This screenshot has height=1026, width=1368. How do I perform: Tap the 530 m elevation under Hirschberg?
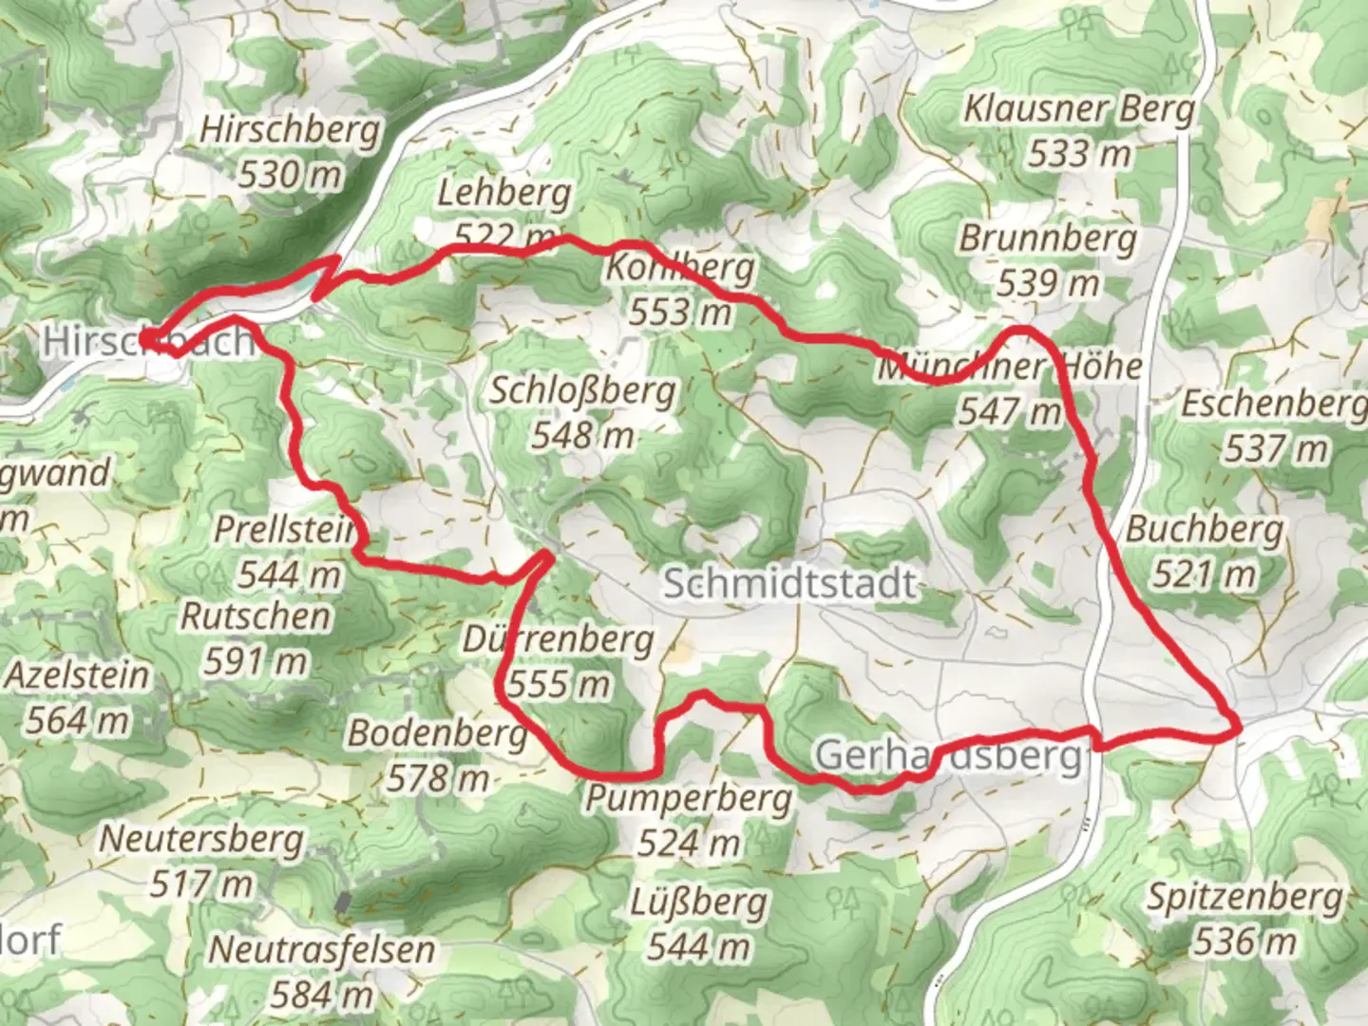click(x=289, y=175)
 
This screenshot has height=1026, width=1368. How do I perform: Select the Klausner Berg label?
click(x=1079, y=109)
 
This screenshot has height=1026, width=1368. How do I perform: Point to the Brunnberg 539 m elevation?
click(x=1048, y=283)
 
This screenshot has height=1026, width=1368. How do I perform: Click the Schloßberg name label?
click(x=582, y=390)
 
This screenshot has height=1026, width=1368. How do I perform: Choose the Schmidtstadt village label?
click(x=789, y=583)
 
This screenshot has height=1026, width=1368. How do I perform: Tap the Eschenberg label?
click(x=1273, y=405)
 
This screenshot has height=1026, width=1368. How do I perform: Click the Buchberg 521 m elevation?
click(x=1204, y=575)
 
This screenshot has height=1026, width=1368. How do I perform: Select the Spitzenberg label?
click(x=1244, y=897)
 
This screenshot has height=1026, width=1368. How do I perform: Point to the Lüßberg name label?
click(x=698, y=902)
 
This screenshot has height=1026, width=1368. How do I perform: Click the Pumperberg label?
click(x=688, y=799)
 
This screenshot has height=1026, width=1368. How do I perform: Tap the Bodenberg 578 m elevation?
click(x=437, y=779)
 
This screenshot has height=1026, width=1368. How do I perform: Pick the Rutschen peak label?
click(x=256, y=617)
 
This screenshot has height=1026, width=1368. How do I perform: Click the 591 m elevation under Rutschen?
click(x=256, y=661)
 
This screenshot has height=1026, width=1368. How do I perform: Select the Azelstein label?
click(x=78, y=675)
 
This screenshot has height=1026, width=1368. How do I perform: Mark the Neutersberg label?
click(x=201, y=840)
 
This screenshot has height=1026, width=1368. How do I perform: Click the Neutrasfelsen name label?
click(x=321, y=949)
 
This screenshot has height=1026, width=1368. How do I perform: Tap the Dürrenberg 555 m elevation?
click(x=559, y=684)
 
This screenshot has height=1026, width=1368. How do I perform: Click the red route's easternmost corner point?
click(x=1240, y=728)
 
